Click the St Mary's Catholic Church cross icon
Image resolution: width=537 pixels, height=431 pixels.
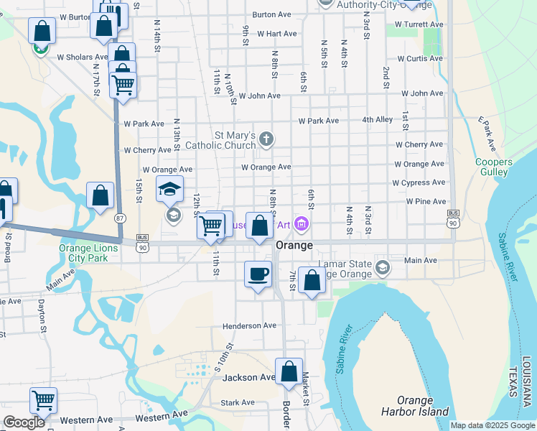[266, 139]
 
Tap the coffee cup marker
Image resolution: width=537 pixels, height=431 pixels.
[258, 274]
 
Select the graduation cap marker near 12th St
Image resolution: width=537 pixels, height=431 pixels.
[170, 189]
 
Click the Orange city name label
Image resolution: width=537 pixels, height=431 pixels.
[294, 245]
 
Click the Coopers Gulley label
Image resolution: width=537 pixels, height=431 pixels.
[493, 167]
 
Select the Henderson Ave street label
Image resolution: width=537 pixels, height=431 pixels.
[249, 325]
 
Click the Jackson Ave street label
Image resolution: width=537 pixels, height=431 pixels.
[248, 377]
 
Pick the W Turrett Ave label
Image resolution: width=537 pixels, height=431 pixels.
[420, 24]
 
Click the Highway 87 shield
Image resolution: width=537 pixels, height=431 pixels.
[120, 218]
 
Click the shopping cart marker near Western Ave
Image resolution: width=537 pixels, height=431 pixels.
[44, 399]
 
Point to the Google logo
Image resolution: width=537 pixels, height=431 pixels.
[24, 422]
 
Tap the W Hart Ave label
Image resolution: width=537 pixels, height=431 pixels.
[276, 34]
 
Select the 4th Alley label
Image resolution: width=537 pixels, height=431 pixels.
[377, 120]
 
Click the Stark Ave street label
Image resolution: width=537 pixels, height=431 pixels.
[238, 403]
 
